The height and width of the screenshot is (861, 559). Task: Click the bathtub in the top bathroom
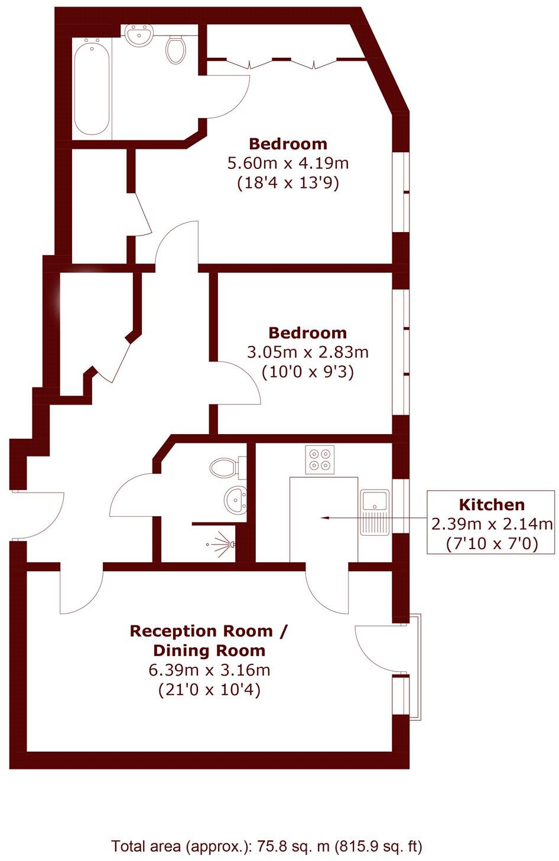point(92,87)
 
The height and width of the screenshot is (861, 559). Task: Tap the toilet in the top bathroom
point(175,49)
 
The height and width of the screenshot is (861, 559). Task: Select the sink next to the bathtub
point(139,35)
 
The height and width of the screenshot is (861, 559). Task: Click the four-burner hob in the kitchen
point(320,459)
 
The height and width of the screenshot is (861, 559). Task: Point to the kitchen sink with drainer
point(374,511)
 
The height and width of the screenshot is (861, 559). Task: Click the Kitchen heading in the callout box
point(492,505)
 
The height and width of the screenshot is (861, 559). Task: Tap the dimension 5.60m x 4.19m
point(288,163)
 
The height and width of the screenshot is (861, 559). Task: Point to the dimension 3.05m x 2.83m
point(307,353)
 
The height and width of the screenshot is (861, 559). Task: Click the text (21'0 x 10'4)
point(209,689)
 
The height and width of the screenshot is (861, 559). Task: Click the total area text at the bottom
point(267,846)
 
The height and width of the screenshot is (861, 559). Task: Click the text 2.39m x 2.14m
point(492,524)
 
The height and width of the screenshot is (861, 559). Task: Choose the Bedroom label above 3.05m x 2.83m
point(307,332)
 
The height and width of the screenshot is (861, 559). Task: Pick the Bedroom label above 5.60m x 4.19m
point(288,143)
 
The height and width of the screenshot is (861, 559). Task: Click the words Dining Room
point(209,651)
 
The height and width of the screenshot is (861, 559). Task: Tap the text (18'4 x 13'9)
point(288,183)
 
